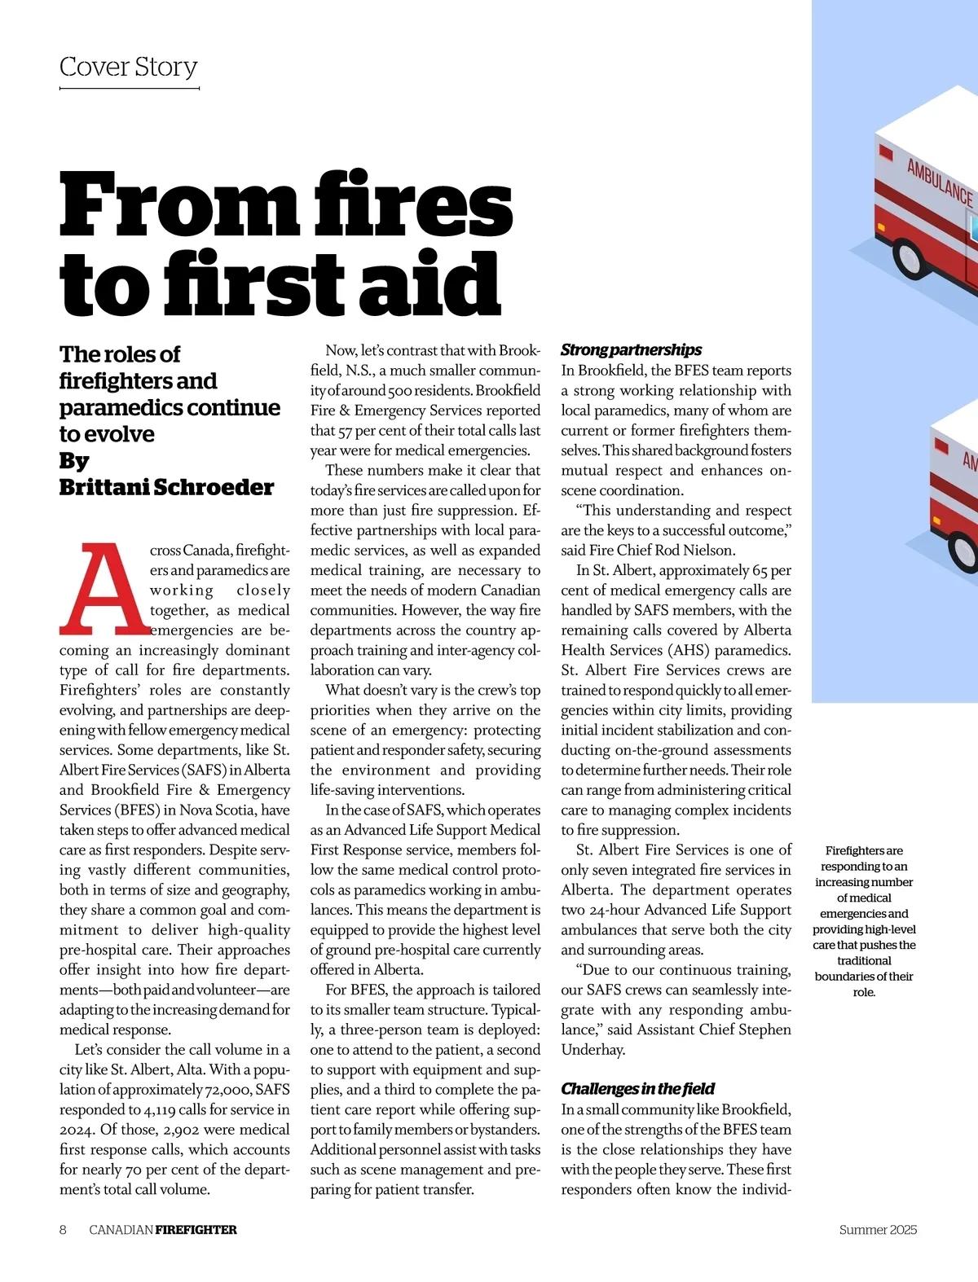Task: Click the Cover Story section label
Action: click(129, 67)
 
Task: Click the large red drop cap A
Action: click(104, 589)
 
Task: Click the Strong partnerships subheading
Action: click(631, 350)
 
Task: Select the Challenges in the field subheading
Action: click(637, 1089)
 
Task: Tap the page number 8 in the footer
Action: click(63, 1230)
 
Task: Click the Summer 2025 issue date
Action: click(878, 1230)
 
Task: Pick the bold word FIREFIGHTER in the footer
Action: click(196, 1230)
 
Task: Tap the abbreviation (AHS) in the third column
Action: click(688, 651)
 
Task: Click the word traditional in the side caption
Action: click(864, 961)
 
